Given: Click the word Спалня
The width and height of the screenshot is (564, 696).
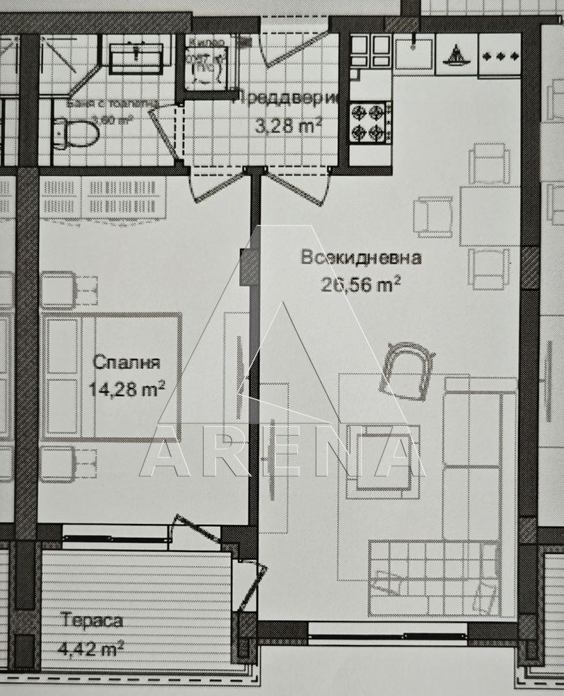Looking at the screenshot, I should coord(127,363).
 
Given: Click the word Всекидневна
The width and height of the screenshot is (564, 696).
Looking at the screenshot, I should coord(361,258).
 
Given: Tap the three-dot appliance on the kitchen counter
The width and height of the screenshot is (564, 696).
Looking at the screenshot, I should coord(500,54).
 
